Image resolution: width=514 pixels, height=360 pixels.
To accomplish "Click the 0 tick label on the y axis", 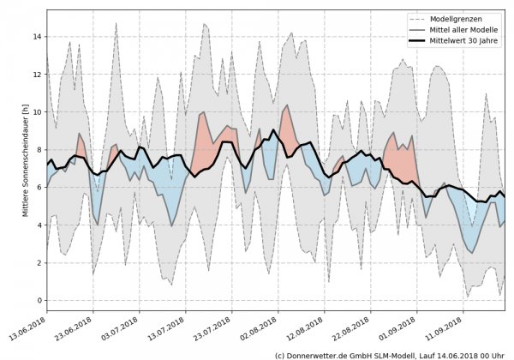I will click(39, 300).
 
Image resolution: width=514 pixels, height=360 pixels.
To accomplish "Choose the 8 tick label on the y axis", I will click(39, 150).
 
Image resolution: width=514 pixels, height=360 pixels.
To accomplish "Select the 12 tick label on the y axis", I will click(36, 75).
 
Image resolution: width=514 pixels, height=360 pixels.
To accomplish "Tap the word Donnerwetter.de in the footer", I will click(321, 354).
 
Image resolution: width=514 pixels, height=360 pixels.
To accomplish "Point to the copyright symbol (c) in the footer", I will click(281, 354).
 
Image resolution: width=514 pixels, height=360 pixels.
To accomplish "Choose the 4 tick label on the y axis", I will click(39, 225).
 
